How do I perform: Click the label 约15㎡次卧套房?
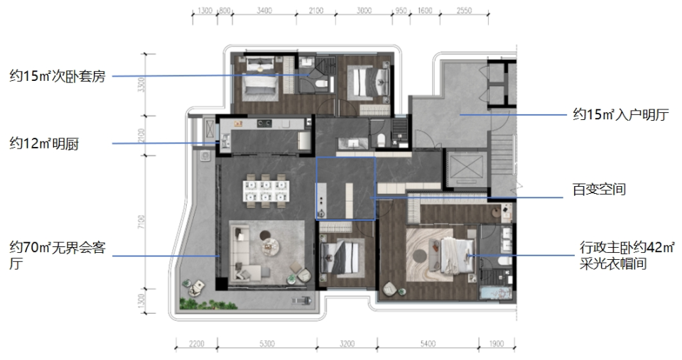pyautogui.click(x=58, y=76)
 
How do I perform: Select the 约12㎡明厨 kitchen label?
pyautogui.click(x=44, y=143)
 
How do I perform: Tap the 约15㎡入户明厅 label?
pyautogui.click(x=621, y=115)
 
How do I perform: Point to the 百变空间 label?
pyautogui.click(x=599, y=190)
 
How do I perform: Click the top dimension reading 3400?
pyautogui.click(x=264, y=11)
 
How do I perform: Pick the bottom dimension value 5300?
pyautogui.click(x=267, y=344)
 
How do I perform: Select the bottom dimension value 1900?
pyautogui.click(x=497, y=344)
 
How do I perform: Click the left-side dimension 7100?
pyautogui.click(x=141, y=222)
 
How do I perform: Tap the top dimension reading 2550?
pyautogui.click(x=464, y=11)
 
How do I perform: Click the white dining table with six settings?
pyautogui.click(x=266, y=190)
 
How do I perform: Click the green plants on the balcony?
pyautogui.click(x=208, y=303)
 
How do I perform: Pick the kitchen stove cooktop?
pyautogui.click(x=264, y=124)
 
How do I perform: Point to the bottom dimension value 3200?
pyautogui.click(x=347, y=344)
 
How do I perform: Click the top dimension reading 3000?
pyautogui.click(x=364, y=11)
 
